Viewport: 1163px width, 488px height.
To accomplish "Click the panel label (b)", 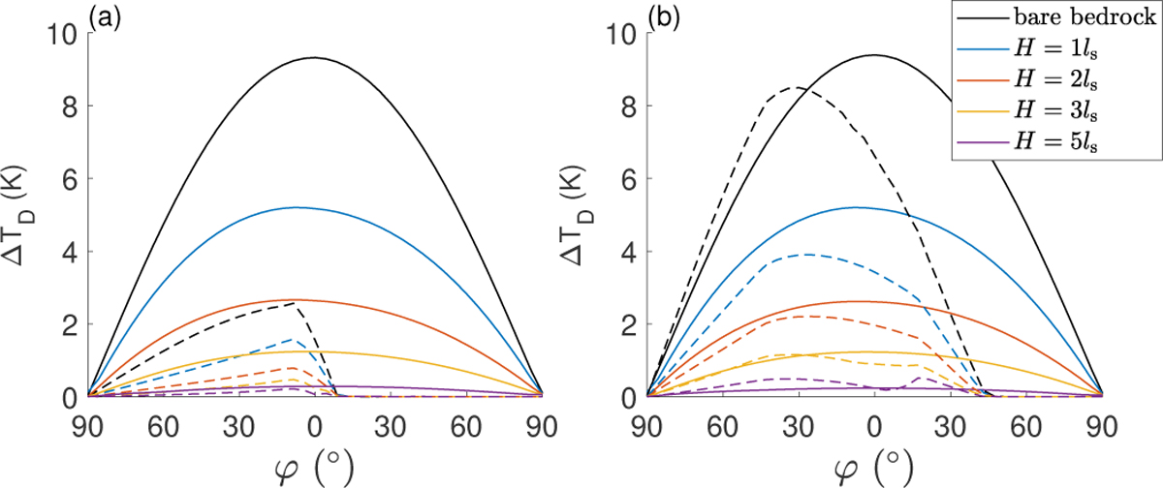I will click(x=664, y=16).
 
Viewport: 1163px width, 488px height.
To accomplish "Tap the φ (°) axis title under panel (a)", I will click(x=314, y=467).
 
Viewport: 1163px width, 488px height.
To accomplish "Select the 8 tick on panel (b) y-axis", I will click(x=631, y=106).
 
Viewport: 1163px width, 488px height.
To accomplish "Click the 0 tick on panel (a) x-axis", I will click(x=314, y=425).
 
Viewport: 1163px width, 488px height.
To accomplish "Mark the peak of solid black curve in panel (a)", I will click(x=314, y=57).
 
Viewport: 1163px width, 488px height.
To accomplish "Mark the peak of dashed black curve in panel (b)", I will click(x=795, y=87).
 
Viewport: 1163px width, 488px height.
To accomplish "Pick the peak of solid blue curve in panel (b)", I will click(x=855, y=207).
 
